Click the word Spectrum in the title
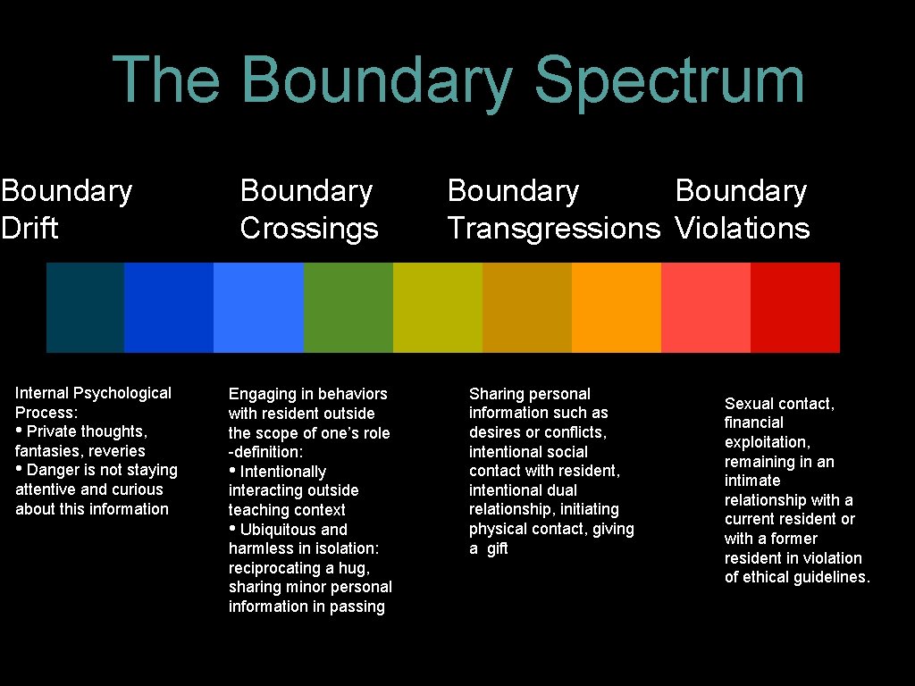(x=669, y=80)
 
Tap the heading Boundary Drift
(x=66, y=209)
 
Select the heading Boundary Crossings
(x=309, y=209)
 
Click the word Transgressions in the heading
(x=553, y=229)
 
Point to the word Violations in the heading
(x=742, y=229)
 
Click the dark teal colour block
(x=85, y=307)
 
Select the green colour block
(x=348, y=307)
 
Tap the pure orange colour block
(x=616, y=307)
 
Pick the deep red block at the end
(x=794, y=307)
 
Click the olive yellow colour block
(x=437, y=307)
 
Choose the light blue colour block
(x=258, y=307)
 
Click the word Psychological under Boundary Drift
(x=122, y=393)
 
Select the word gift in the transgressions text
(x=498, y=548)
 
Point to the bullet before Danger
(x=20, y=470)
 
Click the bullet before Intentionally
(x=233, y=471)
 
